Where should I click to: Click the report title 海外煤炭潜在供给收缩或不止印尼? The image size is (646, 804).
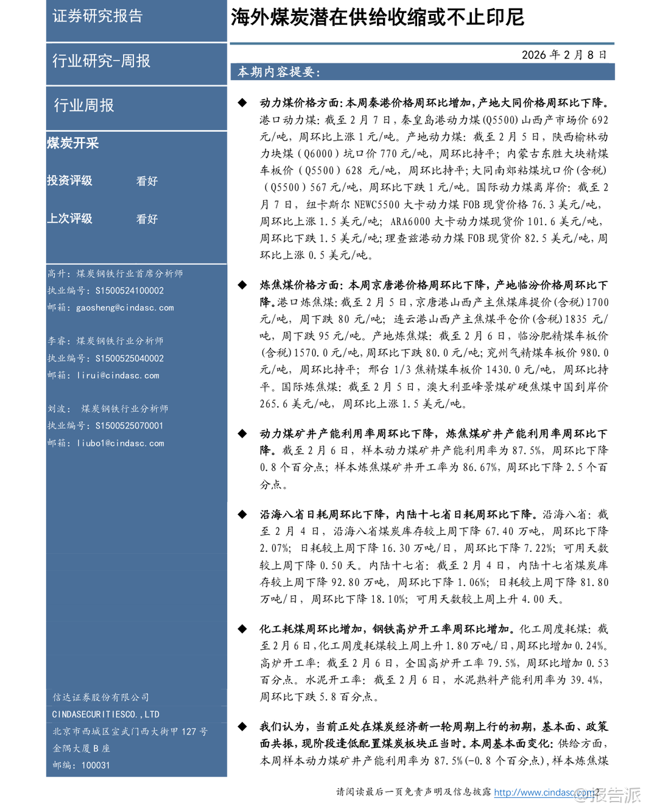377,17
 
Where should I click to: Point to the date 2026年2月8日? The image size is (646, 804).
564,55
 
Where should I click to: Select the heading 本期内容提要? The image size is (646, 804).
278,72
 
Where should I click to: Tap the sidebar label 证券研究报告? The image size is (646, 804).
97,16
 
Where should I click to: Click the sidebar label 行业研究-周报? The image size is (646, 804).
101,61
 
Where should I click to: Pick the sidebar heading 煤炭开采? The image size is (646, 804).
73,143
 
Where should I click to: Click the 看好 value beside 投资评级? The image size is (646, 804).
147,181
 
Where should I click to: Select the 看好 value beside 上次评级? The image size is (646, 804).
147,219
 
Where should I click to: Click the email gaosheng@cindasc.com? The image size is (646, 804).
125,308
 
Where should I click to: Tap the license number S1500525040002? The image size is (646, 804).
129,358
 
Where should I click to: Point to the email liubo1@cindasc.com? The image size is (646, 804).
120,443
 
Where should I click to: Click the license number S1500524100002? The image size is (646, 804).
129,291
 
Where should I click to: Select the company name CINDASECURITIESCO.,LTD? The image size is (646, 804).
105,714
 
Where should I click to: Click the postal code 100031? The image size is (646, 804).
95,765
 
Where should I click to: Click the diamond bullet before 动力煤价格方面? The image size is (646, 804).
242,103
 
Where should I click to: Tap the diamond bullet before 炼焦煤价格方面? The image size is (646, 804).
242,285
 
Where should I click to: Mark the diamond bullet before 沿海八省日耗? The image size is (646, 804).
242,515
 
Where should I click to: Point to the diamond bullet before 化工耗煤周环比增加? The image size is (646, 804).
242,629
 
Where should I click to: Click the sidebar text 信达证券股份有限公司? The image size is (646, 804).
100,697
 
